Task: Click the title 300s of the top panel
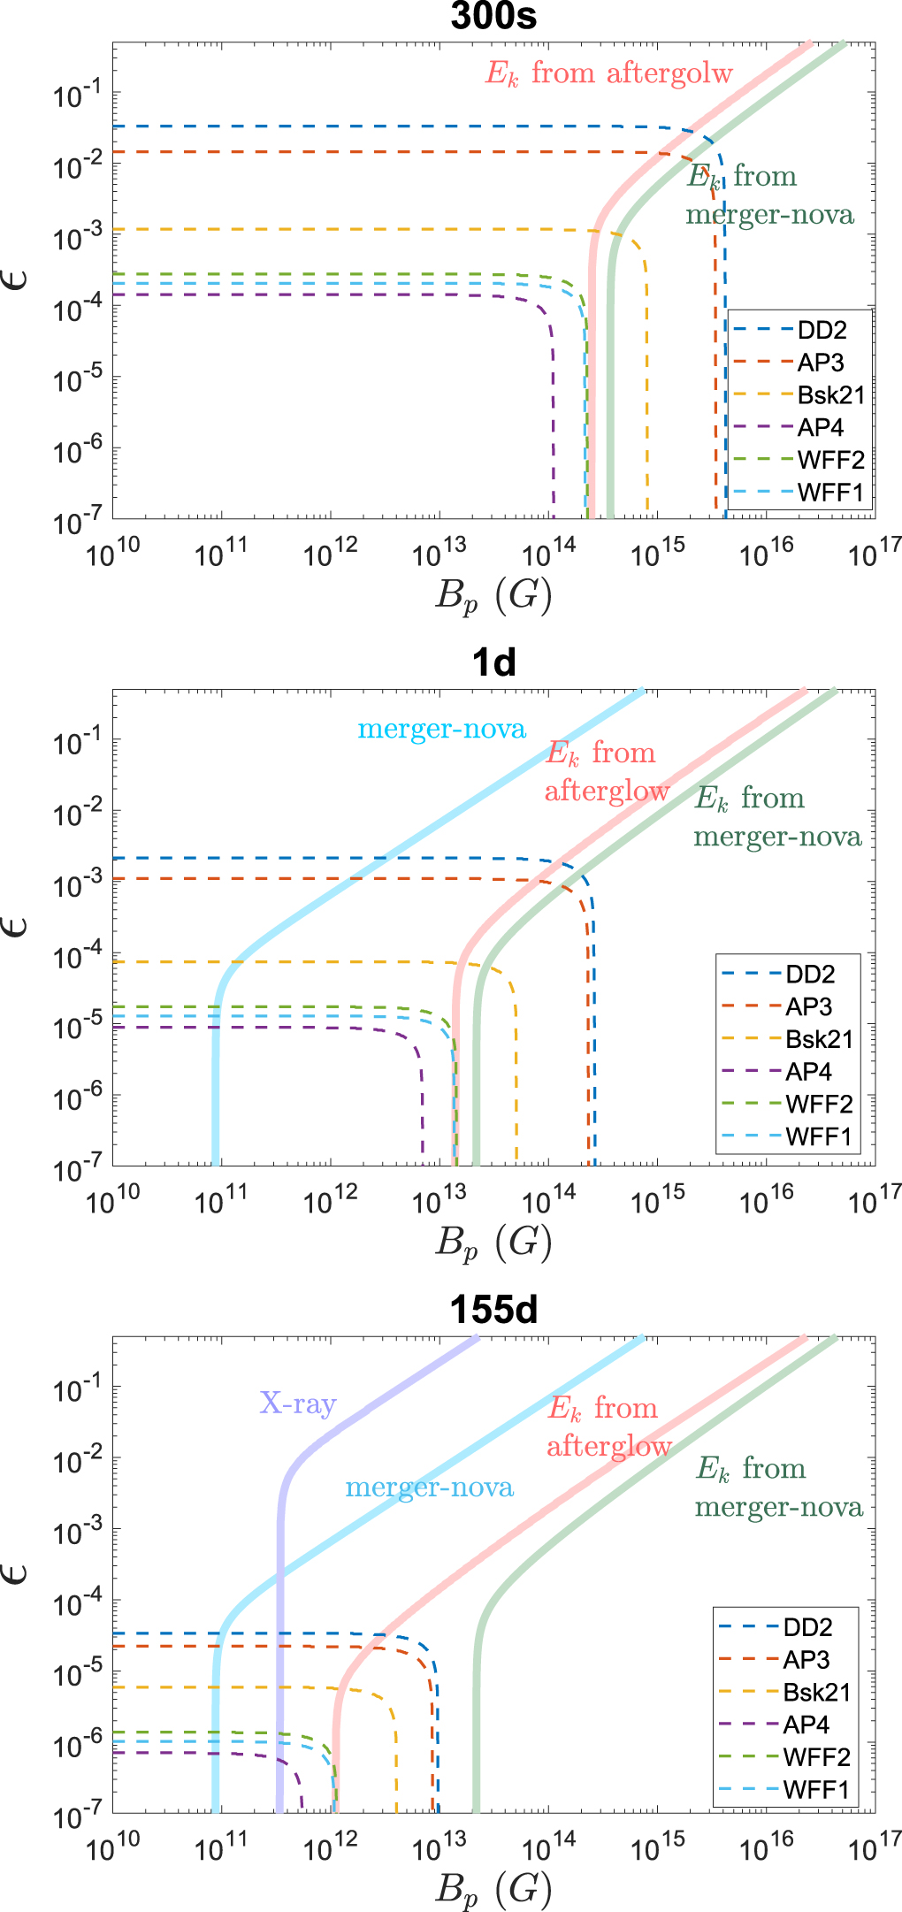pos(493,17)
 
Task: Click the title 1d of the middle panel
pos(493,662)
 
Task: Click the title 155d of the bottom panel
pos(493,1310)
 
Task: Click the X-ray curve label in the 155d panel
pos(298,1403)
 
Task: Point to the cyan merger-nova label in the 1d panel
pos(441,729)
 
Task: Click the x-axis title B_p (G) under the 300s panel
pos(493,594)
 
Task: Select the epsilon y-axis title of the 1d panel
pos(18,926)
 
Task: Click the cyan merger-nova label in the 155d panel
pos(429,1487)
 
